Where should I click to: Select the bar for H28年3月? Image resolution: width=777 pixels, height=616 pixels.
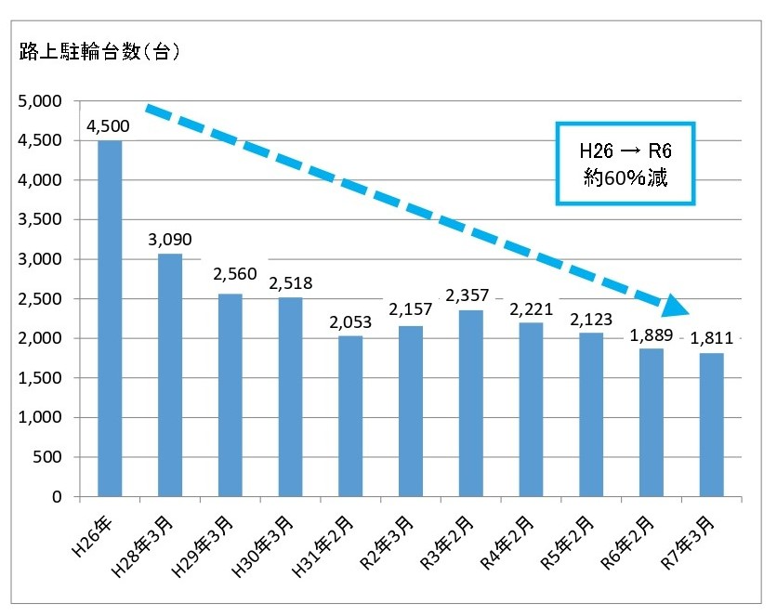(170, 375)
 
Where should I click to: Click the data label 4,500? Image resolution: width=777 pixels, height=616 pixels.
(108, 126)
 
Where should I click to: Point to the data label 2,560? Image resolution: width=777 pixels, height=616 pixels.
(230, 275)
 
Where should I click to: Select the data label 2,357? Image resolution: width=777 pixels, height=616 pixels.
(470, 295)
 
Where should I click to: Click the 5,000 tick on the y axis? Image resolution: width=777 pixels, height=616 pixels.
(40, 100)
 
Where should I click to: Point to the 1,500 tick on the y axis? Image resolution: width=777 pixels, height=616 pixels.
(40, 378)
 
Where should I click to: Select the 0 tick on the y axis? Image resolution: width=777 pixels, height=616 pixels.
(57, 497)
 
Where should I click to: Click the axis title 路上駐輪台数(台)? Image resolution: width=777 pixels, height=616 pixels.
(99, 52)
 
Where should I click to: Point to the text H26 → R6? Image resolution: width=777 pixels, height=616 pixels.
(625, 151)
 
